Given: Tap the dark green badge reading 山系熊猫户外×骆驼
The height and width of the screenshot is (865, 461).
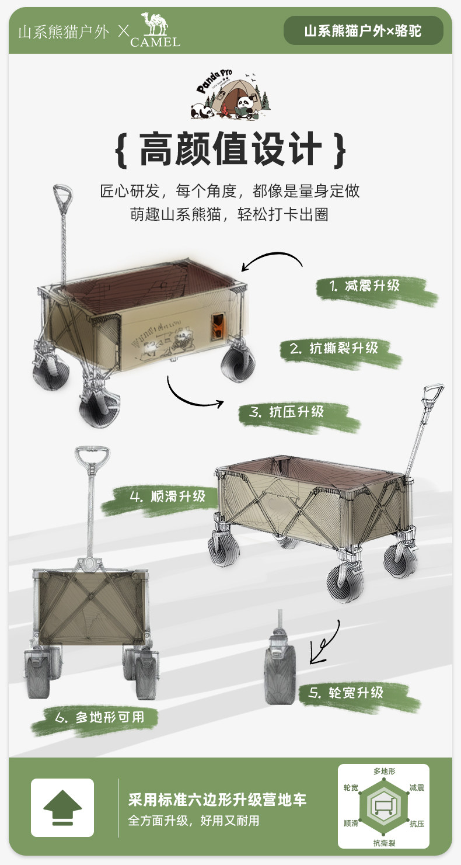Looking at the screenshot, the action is click(x=364, y=31).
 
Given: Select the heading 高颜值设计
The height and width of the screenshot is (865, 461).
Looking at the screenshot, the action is click(x=230, y=150).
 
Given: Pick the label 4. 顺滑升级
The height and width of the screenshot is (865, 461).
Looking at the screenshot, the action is click(x=167, y=496).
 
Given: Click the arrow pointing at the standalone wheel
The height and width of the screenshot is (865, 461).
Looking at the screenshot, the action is click(x=324, y=642).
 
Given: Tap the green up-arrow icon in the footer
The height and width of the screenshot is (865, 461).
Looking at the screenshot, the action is click(x=62, y=808).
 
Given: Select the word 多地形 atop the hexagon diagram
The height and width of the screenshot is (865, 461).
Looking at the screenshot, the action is click(x=384, y=772).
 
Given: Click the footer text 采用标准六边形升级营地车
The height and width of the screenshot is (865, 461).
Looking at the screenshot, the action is click(x=217, y=800).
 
